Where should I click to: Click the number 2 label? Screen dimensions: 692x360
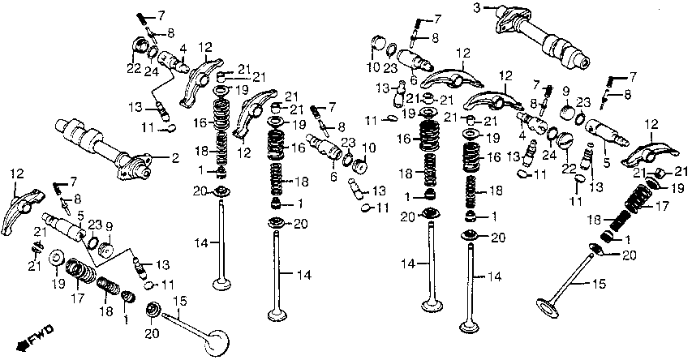click(x=176, y=158)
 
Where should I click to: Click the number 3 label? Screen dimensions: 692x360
click(x=477, y=7)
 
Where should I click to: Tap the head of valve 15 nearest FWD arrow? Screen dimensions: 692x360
click(x=217, y=343)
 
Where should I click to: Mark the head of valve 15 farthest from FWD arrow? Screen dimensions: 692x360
click(x=548, y=308)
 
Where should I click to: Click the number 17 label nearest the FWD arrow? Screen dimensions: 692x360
click(x=77, y=298)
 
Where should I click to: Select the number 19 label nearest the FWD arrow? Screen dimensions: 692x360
click(x=58, y=283)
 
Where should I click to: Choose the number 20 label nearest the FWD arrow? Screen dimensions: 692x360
click(x=152, y=334)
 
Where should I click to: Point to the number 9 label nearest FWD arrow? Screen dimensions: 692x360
click(x=109, y=228)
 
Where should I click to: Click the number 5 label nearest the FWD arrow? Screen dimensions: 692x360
click(x=81, y=216)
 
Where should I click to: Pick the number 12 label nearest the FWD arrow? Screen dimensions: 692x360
click(x=17, y=174)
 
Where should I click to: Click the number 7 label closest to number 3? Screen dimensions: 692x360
click(x=437, y=19)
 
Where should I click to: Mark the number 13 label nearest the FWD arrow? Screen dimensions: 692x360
click(x=162, y=264)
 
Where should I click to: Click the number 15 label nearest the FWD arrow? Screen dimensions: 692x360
click(x=180, y=302)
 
